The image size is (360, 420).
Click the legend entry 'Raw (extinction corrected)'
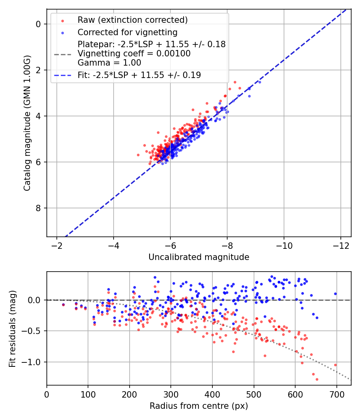tap(132, 20)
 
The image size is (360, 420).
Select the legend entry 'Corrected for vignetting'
tap(127, 32)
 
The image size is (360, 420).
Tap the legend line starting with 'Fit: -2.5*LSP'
tap(139, 75)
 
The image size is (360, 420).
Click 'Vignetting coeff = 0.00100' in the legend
tap(134, 54)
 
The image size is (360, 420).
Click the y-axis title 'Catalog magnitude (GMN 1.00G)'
tap(27, 123)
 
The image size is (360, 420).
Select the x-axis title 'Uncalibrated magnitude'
tap(199, 257)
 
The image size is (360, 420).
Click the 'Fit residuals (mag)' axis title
tap(12, 328)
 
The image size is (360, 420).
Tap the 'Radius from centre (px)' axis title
tap(199, 406)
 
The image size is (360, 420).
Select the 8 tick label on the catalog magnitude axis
tap(38, 208)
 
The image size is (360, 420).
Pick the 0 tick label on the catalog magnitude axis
tap(38, 24)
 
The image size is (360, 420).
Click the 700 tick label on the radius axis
tap(336, 394)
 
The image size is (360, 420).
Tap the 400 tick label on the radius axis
tap(212, 394)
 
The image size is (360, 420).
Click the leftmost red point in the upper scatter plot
tap(138, 155)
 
